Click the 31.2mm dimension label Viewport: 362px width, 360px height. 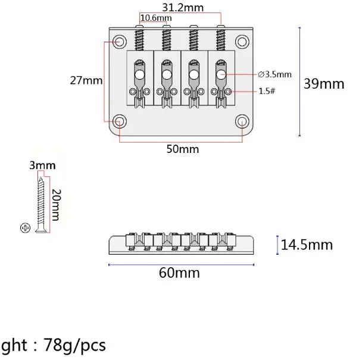183,8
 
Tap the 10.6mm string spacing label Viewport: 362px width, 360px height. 156,18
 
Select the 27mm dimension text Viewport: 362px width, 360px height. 86,80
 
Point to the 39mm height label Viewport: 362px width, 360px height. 324,83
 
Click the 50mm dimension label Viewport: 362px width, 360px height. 183,149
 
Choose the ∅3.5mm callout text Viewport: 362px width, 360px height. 274,74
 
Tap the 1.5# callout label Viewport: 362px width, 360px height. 267,91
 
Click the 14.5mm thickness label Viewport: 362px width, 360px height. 307,245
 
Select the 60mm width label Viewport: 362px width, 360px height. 179,273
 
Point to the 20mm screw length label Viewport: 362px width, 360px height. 56,205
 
